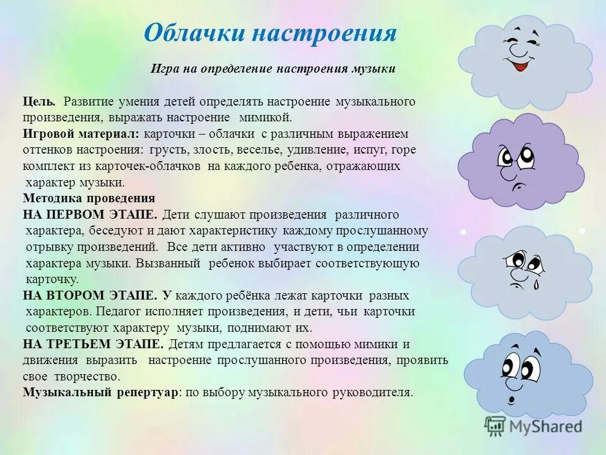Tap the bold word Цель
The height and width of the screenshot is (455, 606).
39,101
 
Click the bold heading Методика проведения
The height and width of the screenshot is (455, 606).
88,198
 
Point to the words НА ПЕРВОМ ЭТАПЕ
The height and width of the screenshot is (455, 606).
90,215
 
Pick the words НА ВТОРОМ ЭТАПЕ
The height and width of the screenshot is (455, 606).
90,296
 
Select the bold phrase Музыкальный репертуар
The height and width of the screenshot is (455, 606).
100,392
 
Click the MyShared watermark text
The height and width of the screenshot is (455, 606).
543,427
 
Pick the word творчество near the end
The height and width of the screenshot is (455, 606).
72,377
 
